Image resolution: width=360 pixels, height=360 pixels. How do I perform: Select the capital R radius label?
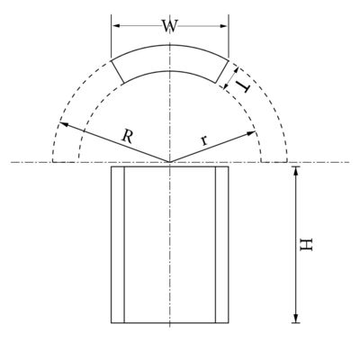(129, 137)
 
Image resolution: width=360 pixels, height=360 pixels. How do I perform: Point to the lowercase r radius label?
(204, 139)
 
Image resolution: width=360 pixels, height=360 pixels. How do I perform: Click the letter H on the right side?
(307, 244)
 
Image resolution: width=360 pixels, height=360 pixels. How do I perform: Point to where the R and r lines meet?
(169, 163)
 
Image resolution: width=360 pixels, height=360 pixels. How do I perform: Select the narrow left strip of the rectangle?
(117, 244)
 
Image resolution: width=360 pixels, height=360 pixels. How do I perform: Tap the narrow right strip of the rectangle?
(222, 244)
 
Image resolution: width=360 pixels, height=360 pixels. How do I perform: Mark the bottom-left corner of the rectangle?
(111, 322)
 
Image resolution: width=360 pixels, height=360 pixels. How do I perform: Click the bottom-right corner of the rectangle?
(229, 322)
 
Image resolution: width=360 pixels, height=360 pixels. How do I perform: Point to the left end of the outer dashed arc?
(52, 163)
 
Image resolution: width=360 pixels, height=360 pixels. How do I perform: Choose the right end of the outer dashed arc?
(286, 163)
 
